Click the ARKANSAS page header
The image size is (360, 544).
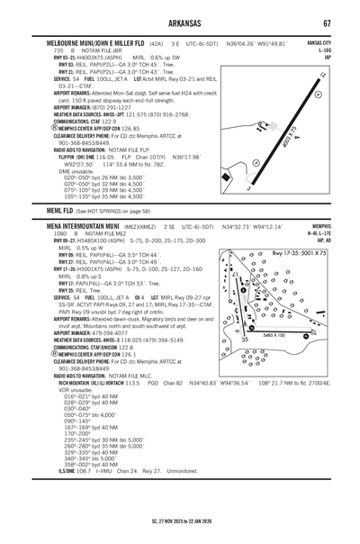coord(180,23)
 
